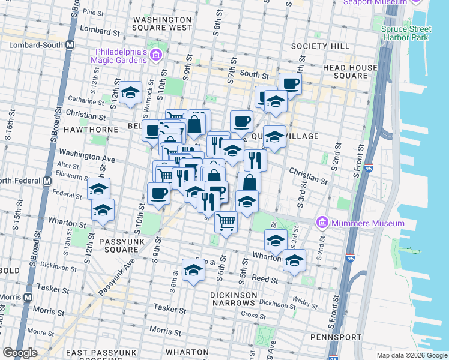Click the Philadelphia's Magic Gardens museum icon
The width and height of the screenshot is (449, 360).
point(156,56)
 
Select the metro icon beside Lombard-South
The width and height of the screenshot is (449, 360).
point(70,45)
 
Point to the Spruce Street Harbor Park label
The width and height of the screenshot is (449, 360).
point(406,34)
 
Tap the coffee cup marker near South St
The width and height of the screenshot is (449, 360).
point(290,84)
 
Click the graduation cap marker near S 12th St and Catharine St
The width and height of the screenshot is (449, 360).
point(130,93)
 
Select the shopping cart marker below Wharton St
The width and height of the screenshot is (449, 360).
point(226,223)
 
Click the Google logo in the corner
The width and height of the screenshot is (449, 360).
point(20,353)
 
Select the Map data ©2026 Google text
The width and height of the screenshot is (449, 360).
point(411,355)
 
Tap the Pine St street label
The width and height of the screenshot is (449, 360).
point(94,12)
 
